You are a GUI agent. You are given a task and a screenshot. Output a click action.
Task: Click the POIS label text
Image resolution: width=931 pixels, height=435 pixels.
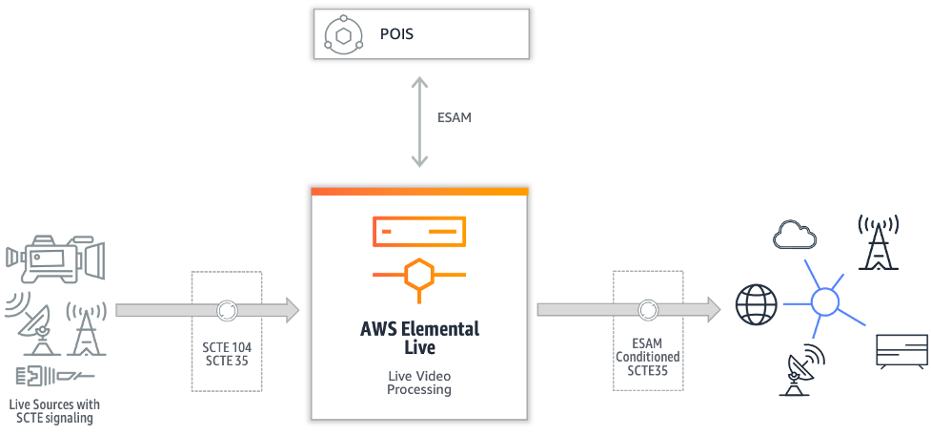pyautogui.click(x=396, y=35)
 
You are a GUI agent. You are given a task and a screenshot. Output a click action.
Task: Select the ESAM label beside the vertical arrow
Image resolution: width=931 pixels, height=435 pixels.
pyautogui.click(x=454, y=118)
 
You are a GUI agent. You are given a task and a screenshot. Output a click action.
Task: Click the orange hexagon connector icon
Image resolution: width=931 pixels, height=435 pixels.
pyautogui.click(x=418, y=274)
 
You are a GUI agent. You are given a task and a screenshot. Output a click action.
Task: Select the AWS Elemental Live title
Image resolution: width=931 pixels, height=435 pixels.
pyautogui.click(x=419, y=339)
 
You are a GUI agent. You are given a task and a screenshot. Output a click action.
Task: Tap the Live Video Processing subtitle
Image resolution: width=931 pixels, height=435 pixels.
pyautogui.click(x=419, y=383)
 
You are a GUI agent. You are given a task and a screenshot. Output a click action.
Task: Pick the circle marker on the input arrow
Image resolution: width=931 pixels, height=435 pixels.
pyautogui.click(x=227, y=310)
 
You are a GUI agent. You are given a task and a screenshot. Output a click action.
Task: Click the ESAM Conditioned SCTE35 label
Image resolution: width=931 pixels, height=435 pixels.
pyautogui.click(x=647, y=356)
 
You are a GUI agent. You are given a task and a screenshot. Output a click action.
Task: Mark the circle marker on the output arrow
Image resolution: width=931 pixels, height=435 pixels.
pyautogui.click(x=647, y=310)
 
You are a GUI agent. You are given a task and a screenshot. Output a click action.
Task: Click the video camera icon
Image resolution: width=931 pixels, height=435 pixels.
pyautogui.click(x=55, y=259)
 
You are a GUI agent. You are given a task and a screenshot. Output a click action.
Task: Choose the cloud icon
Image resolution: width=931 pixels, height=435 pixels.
pyautogui.click(x=800, y=234)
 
